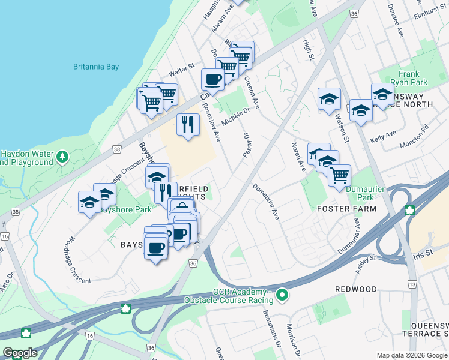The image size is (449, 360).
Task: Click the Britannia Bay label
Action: click(97, 67)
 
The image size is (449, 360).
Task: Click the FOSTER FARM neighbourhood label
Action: click(347, 209)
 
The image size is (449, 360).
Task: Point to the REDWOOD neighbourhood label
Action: click(356, 289)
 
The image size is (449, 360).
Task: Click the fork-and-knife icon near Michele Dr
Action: click(188, 124)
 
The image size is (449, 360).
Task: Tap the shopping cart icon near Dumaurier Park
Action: click(340, 175)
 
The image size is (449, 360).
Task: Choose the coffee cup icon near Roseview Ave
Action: click(212, 79)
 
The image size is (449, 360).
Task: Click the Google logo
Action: click(19, 353)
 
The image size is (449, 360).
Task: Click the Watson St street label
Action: click(343, 129)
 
